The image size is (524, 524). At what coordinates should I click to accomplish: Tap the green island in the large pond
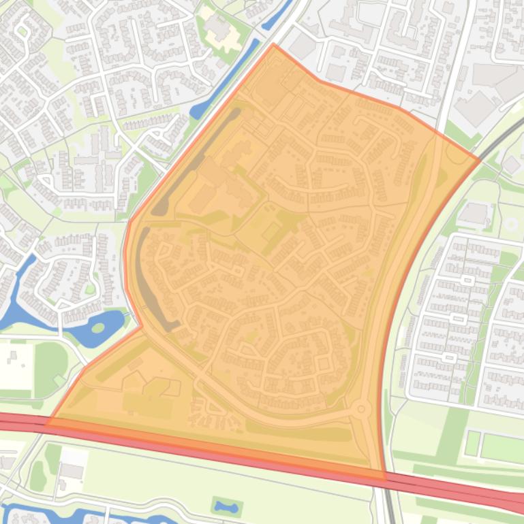point(98,329)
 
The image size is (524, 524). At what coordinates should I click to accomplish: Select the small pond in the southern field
point(226,506)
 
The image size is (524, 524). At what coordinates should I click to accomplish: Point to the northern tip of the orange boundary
point(273,44)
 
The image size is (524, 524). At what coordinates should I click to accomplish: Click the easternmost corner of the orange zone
point(479,160)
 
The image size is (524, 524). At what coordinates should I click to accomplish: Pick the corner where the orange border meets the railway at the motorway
point(384,474)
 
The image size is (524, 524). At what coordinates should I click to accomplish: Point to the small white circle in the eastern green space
point(510,225)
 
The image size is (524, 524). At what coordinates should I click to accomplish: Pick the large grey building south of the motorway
point(70,470)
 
